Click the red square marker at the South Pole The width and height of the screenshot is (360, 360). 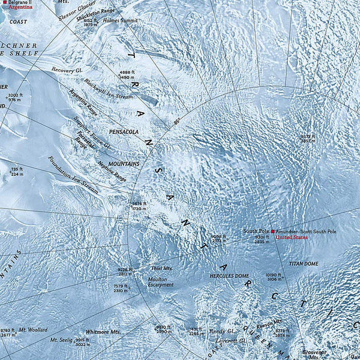[x=272, y=231]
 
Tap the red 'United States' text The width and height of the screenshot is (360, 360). [x=292, y=238]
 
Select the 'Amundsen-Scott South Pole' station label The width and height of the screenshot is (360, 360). [x=306, y=231]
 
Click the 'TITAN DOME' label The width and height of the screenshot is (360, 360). [x=303, y=263]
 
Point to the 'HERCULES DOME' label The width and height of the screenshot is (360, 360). [x=229, y=275]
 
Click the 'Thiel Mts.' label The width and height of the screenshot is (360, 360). [x=161, y=269]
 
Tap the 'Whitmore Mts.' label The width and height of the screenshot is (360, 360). [x=103, y=331]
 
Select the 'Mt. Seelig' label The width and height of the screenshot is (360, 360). [x=61, y=340]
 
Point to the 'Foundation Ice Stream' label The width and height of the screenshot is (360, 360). [x=73, y=174]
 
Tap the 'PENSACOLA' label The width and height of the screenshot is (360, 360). [x=124, y=131]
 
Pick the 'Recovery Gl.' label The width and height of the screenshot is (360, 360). [x=66, y=70]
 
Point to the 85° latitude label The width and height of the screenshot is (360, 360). [x=176, y=121]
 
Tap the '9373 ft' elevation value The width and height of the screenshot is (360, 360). [x=308, y=136]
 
